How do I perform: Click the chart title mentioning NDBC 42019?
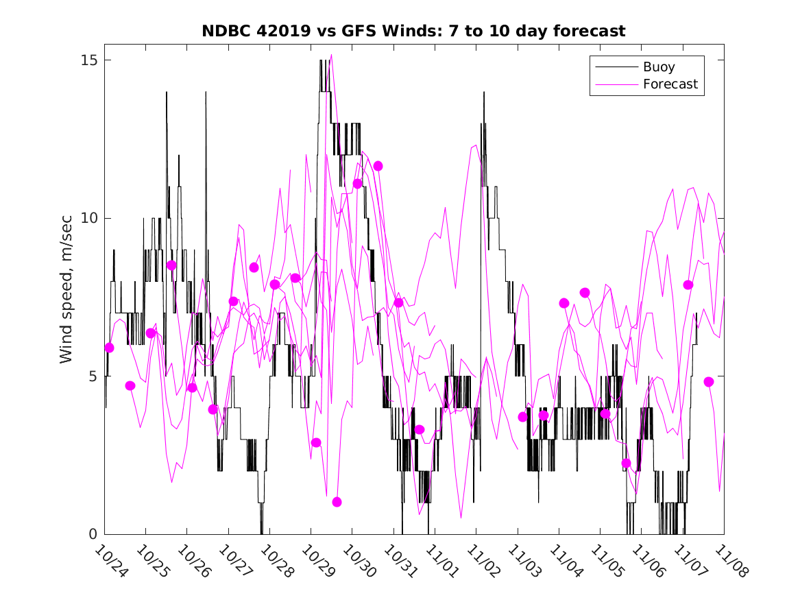(x=413, y=32)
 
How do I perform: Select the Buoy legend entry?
(x=658, y=67)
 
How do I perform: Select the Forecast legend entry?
(x=670, y=84)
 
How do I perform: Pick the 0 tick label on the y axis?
(x=94, y=534)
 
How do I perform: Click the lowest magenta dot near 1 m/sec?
(x=337, y=502)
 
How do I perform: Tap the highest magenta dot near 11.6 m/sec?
(x=378, y=166)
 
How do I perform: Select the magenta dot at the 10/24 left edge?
(x=109, y=348)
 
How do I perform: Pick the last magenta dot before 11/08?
(x=709, y=382)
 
